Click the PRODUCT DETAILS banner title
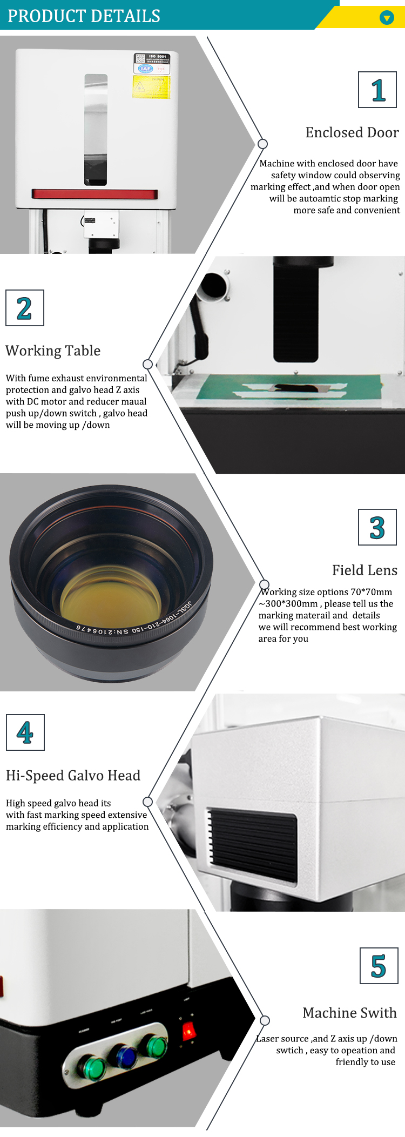pos(84,16)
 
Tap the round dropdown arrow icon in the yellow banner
pos(387,18)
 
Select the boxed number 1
pos(377,90)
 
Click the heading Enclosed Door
pos(352,133)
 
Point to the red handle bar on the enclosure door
pos(94,194)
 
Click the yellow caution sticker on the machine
pos(151,87)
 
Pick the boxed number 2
pos(24,308)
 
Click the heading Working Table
pos(53,351)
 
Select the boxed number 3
pos(377,528)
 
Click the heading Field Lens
pos(364,570)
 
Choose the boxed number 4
pos(25,733)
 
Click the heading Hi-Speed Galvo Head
pos(73,776)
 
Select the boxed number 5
pos(379,966)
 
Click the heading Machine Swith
pos(349,1013)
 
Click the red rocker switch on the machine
pos(188,1031)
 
